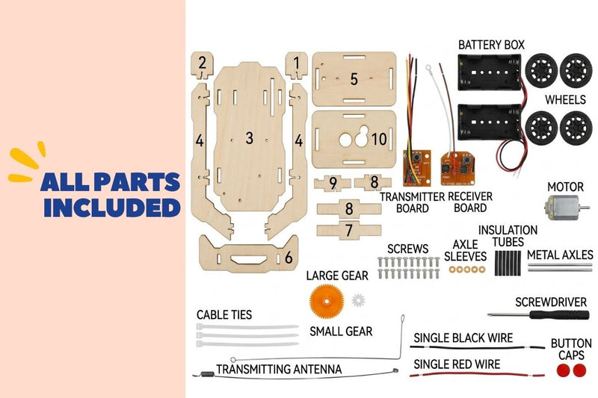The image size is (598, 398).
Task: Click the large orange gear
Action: click(327, 301)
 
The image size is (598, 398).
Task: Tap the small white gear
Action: click(359, 300)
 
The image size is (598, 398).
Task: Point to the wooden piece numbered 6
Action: click(249, 255)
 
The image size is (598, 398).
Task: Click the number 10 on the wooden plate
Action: click(379, 139)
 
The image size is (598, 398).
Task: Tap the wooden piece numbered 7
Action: click(348, 230)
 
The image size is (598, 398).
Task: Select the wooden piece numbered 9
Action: click(333, 183)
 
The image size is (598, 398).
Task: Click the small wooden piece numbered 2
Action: click(202, 65)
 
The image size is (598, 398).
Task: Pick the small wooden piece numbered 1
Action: click(296, 65)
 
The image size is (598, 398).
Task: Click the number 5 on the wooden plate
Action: click(354, 79)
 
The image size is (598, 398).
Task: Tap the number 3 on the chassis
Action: click(249, 138)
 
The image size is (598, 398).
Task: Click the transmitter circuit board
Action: click(417, 168)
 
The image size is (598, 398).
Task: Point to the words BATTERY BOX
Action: click(491, 45)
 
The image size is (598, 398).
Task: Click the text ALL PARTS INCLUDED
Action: click(111, 195)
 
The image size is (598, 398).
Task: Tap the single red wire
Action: click(477, 375)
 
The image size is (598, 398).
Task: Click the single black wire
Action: click(477, 347)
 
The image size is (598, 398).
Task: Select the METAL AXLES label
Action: click(560, 255)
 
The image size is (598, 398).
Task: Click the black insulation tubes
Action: click(508, 263)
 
